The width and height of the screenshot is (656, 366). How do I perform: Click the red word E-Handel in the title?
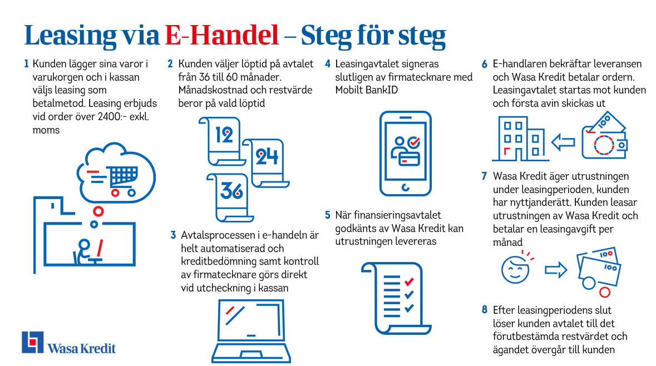tap(222, 34)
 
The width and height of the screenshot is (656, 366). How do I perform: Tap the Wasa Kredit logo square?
tap(33, 342)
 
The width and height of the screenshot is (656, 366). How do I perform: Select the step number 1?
tap(26, 63)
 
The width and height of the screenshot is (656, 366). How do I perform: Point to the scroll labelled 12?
tap(223, 141)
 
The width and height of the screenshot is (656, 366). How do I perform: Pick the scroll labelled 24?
tap(265, 162)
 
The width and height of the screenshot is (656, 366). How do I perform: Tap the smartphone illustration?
tap(406, 153)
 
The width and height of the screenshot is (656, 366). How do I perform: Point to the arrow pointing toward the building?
tap(563, 142)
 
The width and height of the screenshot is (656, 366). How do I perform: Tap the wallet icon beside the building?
tap(604, 135)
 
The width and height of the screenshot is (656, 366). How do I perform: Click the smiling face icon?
tap(515, 270)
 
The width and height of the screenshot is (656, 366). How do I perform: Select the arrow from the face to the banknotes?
tap(556, 270)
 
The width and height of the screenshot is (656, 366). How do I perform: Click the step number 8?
tap(485, 309)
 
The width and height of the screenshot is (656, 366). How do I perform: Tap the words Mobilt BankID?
tap(367, 90)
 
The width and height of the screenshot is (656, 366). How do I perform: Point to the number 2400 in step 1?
tap(109, 116)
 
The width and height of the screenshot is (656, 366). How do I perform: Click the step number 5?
tap(328, 215)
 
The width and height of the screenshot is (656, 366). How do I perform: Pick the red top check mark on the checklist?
tap(409, 281)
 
